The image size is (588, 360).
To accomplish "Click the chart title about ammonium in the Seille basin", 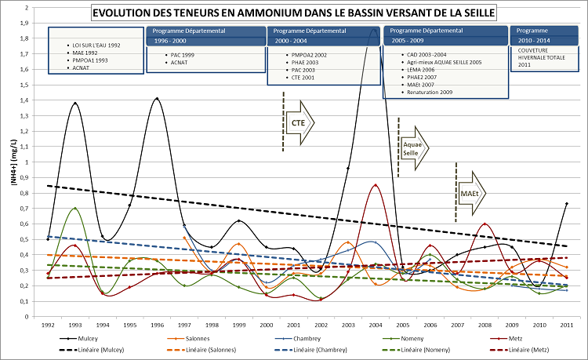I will [x=293, y=13].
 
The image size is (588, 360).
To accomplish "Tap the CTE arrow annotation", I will [x=299, y=122].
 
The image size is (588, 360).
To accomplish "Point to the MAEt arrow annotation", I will [x=471, y=193].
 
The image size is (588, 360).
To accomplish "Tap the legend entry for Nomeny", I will [x=411, y=333].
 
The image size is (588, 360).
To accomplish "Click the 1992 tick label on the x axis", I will [x=48, y=324].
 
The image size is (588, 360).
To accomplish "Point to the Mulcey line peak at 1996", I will [x=157, y=99].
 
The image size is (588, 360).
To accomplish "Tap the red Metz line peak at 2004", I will [x=376, y=185].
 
